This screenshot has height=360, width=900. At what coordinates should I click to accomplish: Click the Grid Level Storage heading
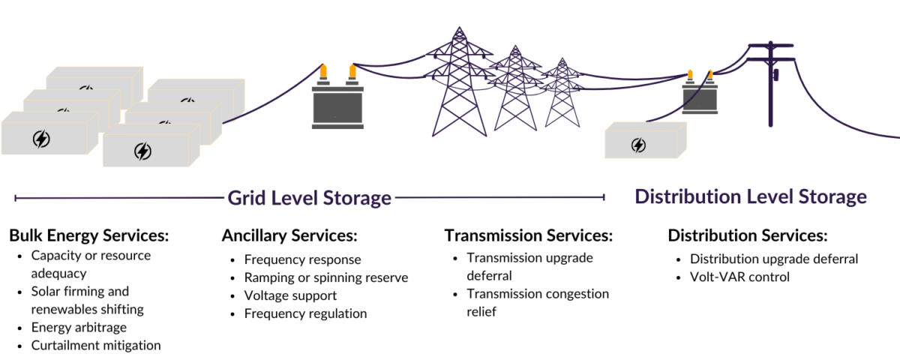click(x=310, y=198)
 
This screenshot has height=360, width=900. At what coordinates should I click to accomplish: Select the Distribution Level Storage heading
click(x=751, y=197)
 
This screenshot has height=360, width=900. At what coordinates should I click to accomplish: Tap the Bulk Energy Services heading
click(x=89, y=235)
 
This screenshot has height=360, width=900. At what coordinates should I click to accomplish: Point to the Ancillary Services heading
click(x=289, y=235)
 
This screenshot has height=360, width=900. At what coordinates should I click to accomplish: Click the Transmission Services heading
click(x=529, y=235)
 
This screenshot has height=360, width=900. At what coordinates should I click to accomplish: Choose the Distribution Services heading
click(x=747, y=235)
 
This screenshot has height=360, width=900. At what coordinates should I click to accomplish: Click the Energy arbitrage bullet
click(x=79, y=328)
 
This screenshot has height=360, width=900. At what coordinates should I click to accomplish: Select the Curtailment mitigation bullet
click(x=96, y=346)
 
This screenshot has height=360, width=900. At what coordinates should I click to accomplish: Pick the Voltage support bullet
click(x=290, y=295)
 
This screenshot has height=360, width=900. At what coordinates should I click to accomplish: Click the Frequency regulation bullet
click(x=305, y=313)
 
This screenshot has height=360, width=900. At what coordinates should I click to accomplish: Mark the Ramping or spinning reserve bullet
click(x=326, y=277)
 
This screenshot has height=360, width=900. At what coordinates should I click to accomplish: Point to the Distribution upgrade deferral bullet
click(x=774, y=259)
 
